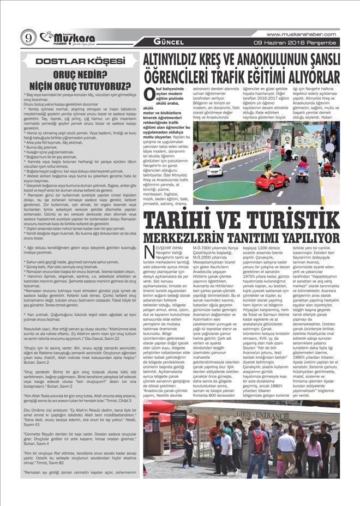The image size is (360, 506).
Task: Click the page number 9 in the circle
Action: pyautogui.click(x=28, y=37)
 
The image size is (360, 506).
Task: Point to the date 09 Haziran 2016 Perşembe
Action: pyautogui.click(x=297, y=42)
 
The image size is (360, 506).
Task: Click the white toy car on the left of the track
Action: pyautogui.click(x=214, y=170)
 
